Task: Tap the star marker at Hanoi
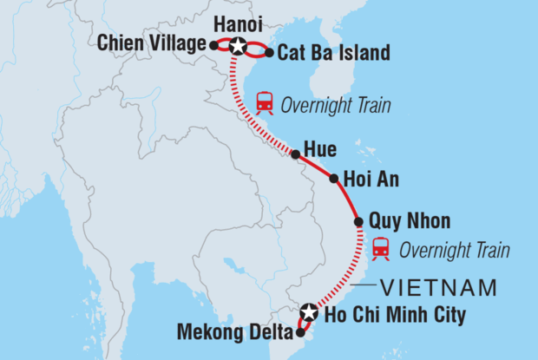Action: [237, 46]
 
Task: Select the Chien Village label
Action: [152, 43]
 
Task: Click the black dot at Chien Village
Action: [213, 44]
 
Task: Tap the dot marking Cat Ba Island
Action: [270, 53]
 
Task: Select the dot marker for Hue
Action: [295, 154]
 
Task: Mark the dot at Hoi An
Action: [334, 180]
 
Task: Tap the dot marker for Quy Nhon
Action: [359, 223]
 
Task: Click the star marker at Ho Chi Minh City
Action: [310, 311]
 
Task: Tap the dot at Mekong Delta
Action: [300, 331]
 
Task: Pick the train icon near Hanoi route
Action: [266, 105]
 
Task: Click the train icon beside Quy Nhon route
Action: [380, 249]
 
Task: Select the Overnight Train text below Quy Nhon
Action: [454, 251]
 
